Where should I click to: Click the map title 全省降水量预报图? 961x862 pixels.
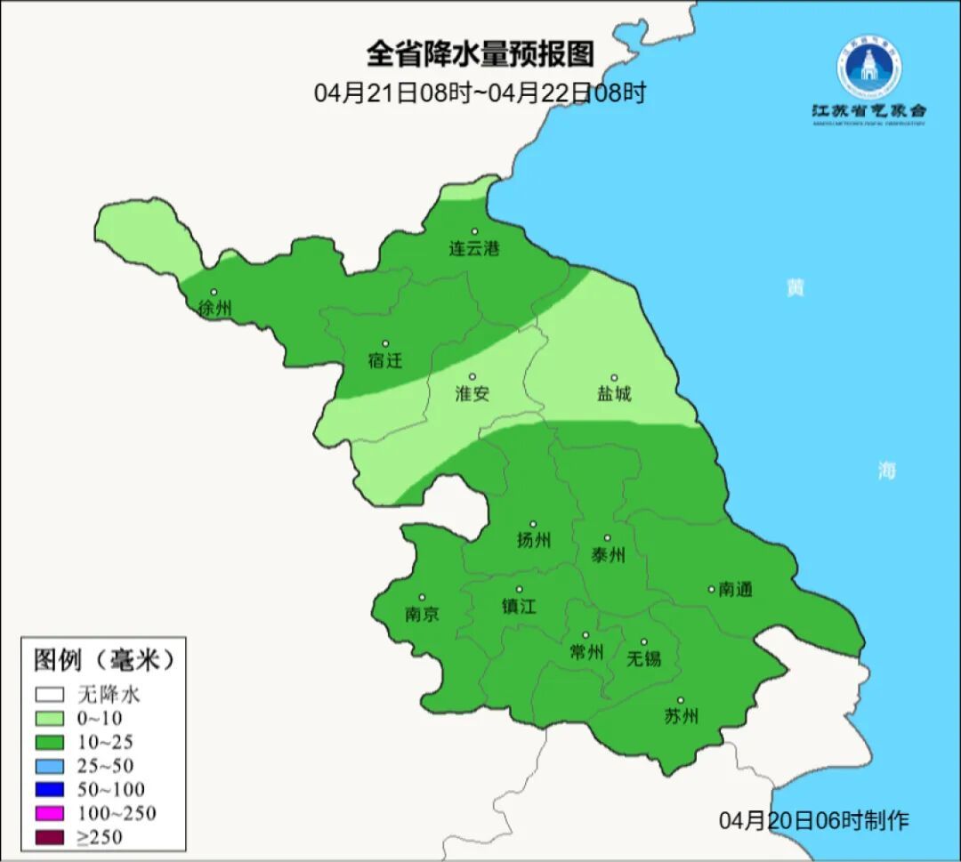tap(480, 54)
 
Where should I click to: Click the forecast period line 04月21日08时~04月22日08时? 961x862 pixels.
tap(480, 93)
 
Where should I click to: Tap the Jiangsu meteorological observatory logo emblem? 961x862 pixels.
tap(868, 66)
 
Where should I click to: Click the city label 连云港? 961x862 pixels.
tap(473, 249)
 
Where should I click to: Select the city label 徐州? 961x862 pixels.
tap(215, 309)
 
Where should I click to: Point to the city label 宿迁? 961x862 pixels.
tap(385, 360)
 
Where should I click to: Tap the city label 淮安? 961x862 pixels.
tap(472, 393)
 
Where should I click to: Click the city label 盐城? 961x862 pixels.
tap(613, 393)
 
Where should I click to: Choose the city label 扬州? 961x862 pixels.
tap(533, 540)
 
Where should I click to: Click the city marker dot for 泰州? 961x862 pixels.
tap(608, 538)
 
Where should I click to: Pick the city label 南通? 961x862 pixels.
tap(736, 589)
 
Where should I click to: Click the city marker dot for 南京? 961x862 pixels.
tap(422, 598)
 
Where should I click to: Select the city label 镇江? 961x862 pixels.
tap(519, 606)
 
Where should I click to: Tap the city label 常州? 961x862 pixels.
tap(585, 652)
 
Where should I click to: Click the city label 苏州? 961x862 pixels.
tap(681, 716)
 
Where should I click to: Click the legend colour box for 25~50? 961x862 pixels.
tap(50, 765)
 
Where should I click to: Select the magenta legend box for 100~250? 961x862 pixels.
tap(50, 813)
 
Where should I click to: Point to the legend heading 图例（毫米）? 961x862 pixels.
tap(103, 660)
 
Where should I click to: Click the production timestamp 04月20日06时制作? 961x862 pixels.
tap(814, 820)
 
